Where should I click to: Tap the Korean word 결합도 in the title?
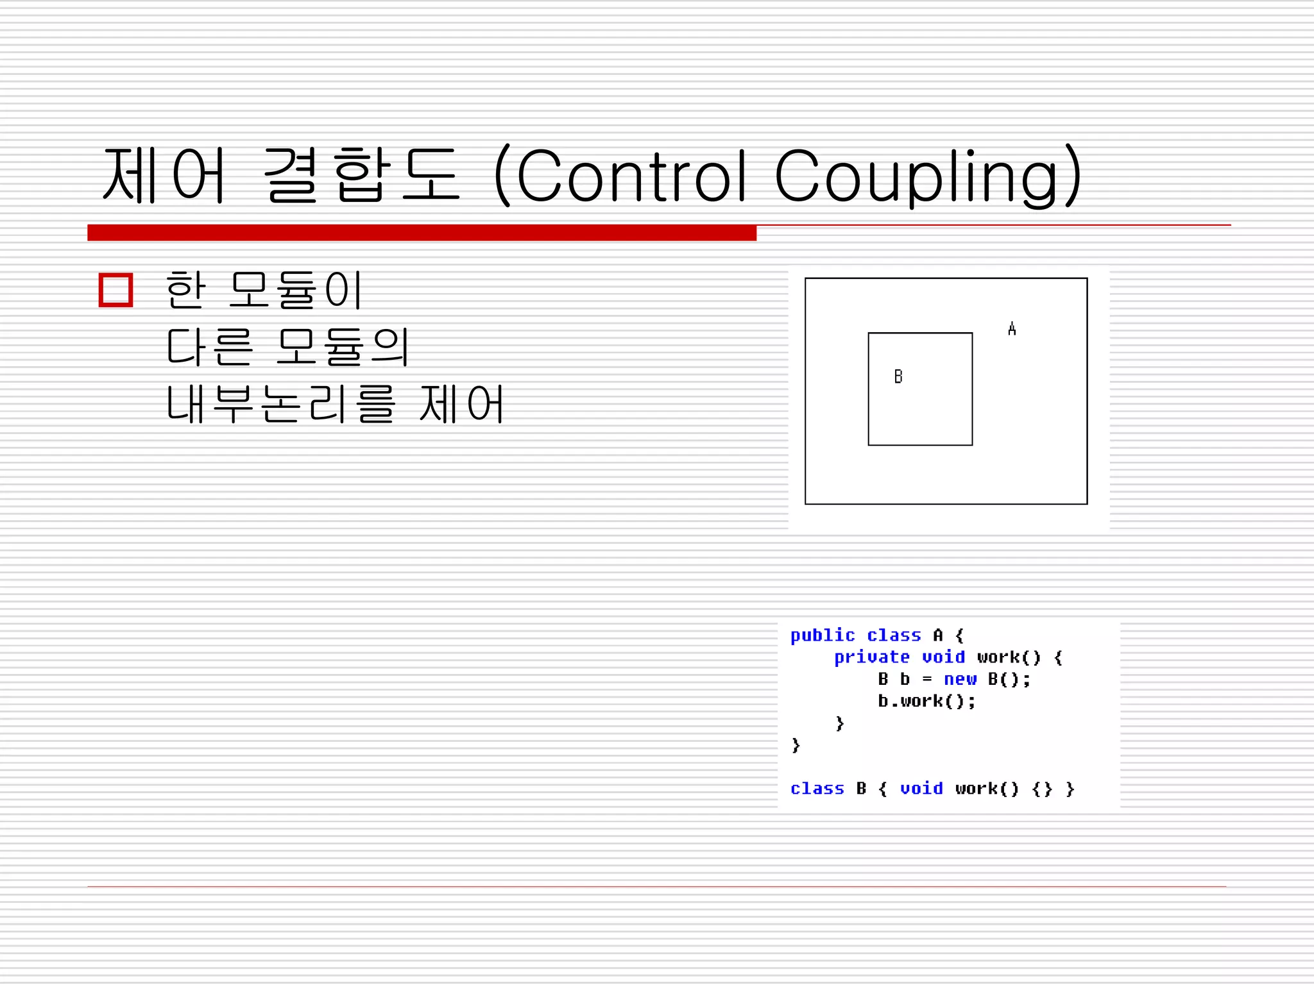pyautogui.click(x=361, y=174)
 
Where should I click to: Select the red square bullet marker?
pyautogui.click(x=116, y=290)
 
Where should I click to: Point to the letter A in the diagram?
pyautogui.click(x=1012, y=329)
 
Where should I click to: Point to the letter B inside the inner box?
pyautogui.click(x=898, y=376)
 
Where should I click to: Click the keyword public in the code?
pyautogui.click(x=823, y=636)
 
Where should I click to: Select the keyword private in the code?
pyautogui.click(x=871, y=657)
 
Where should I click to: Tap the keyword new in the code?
pyautogui.click(x=960, y=679)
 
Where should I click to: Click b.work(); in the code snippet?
pyautogui.click(x=926, y=701)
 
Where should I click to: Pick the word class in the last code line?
pyautogui.click(x=817, y=789)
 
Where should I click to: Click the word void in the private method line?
pyautogui.click(x=943, y=657)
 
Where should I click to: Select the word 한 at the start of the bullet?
pyautogui.click(x=185, y=290)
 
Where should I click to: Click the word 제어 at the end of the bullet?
pyautogui.click(x=461, y=404)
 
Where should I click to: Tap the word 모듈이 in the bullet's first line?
pyautogui.click(x=296, y=290)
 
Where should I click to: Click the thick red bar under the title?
pyautogui.click(x=422, y=233)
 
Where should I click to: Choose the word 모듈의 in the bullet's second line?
pyautogui.click(x=343, y=346)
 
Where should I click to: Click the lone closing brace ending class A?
pyautogui.click(x=796, y=745)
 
